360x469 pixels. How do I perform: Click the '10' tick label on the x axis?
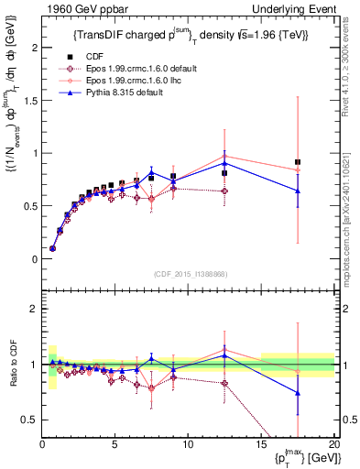188,445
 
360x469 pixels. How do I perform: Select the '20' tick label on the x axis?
333,445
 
